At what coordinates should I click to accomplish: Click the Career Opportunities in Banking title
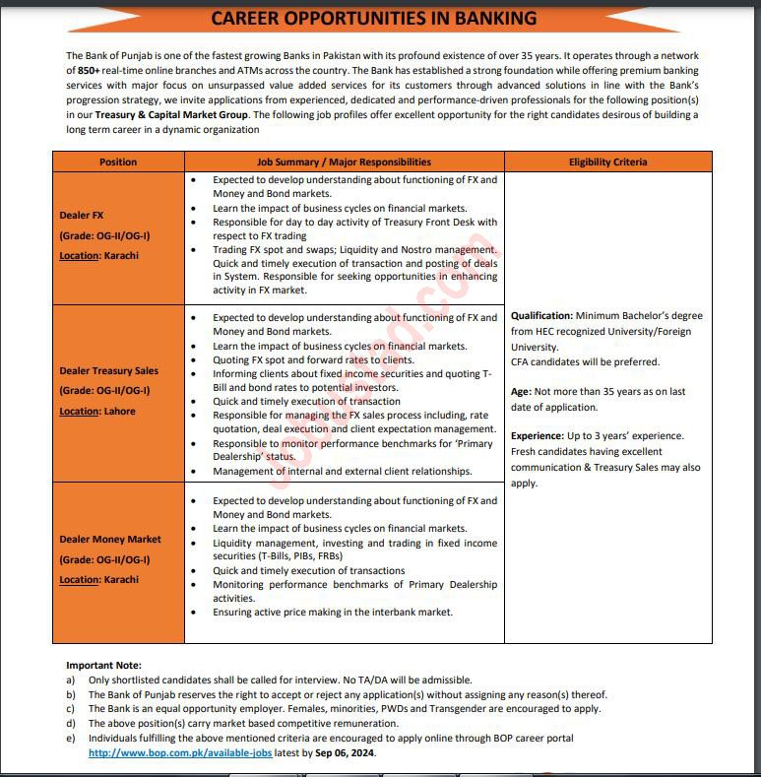click(x=374, y=18)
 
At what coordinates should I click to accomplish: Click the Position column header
click(x=118, y=162)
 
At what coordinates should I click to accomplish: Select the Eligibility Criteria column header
click(x=607, y=162)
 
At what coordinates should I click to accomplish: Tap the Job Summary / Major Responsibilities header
click(x=344, y=162)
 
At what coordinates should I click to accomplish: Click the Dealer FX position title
click(x=82, y=215)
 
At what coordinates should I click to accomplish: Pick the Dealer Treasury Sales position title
click(x=108, y=371)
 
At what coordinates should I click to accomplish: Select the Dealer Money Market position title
click(x=109, y=540)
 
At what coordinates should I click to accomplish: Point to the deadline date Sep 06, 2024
click(x=345, y=752)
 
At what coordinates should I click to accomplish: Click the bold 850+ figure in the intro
click(x=91, y=72)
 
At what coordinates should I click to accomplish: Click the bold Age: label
click(x=522, y=392)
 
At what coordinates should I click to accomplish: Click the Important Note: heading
click(x=103, y=666)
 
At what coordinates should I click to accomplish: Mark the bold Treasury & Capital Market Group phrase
click(x=171, y=114)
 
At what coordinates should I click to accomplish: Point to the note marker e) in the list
click(x=70, y=738)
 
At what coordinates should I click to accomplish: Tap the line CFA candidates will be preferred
click(x=585, y=361)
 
